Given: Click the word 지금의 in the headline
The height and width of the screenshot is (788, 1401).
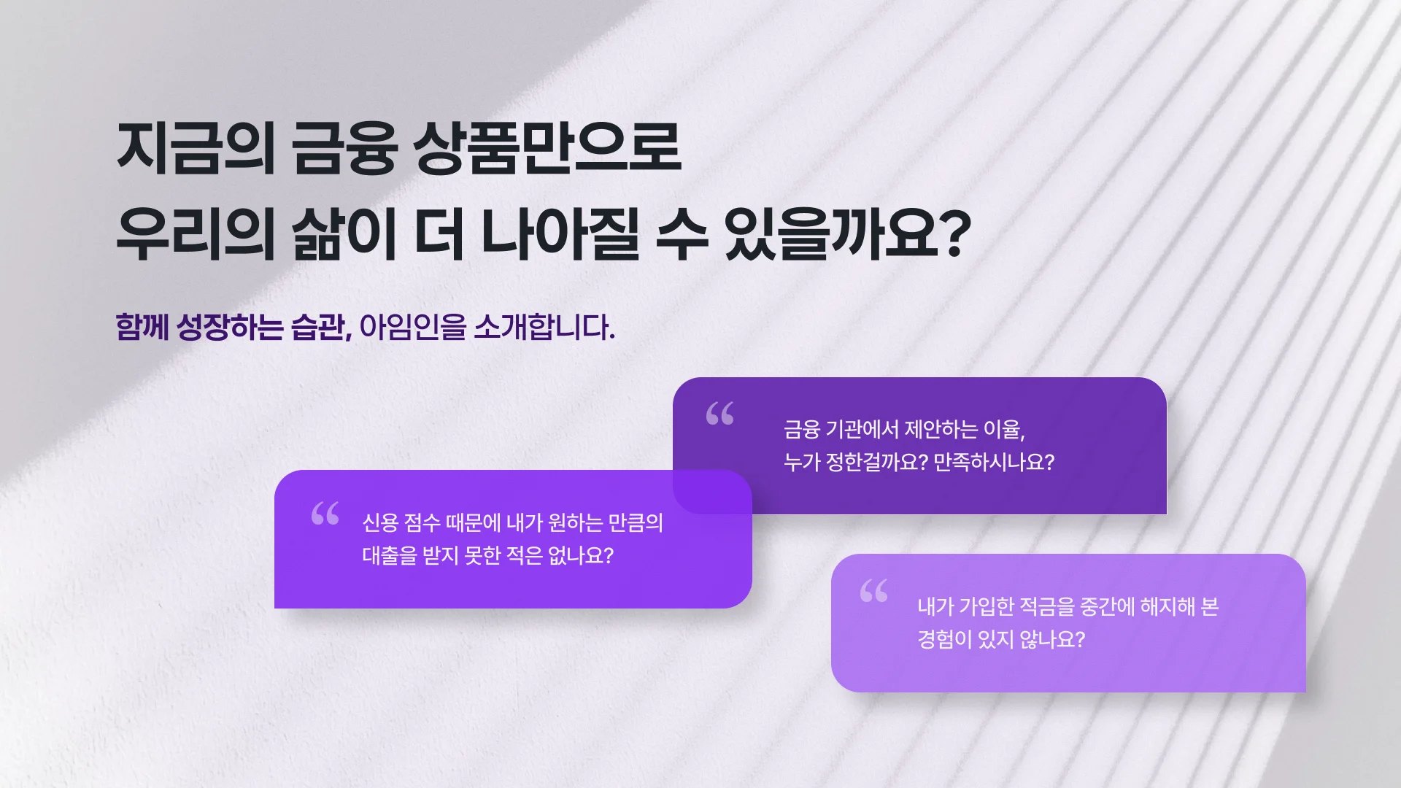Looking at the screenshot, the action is coord(196,148).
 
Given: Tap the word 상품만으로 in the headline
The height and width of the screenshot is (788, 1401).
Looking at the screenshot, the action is coord(547,148).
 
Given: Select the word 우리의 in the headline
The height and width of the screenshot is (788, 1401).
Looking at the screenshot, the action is coord(196,234).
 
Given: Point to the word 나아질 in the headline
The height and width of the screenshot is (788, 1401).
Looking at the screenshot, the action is coord(560,234).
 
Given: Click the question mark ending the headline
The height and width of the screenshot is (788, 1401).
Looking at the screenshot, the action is coord(953,233).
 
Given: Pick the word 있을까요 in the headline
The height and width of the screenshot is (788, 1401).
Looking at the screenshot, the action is coord(830,234).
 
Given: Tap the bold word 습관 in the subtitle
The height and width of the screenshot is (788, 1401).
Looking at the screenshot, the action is coord(317,327).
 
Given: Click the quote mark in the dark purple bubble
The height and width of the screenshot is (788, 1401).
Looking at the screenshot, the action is coord(719,414).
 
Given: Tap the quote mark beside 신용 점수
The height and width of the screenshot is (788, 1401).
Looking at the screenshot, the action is coord(325,513).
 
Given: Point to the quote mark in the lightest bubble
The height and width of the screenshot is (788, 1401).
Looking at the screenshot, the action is coord(873,590).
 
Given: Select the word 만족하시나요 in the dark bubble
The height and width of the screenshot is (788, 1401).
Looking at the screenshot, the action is coord(989,462).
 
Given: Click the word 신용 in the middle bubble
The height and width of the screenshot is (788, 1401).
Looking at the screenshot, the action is coord(380,522).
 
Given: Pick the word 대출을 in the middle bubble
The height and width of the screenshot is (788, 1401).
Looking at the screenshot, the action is coord(390,555).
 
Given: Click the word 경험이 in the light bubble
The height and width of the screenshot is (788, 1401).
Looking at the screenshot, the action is coord(943,639).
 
